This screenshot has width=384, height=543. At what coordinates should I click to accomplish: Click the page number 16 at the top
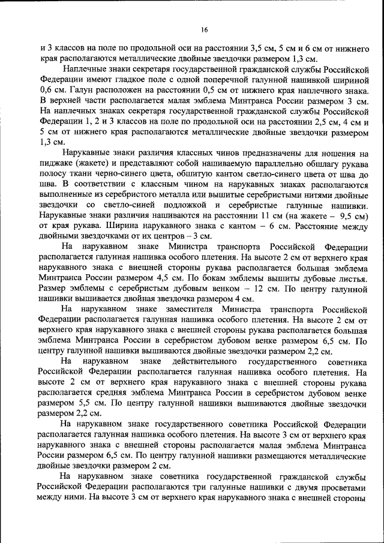click(x=205, y=29)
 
